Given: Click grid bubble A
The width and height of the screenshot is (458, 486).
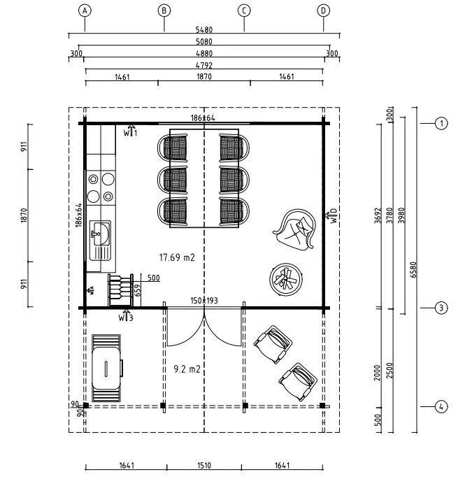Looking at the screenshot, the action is click(85, 11).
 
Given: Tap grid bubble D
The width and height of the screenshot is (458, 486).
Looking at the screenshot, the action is click(323, 11).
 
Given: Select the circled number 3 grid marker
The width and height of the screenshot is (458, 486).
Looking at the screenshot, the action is click(441, 308).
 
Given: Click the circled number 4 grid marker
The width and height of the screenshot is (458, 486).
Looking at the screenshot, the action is click(441, 406).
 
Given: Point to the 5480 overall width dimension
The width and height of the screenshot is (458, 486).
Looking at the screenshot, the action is click(204, 30).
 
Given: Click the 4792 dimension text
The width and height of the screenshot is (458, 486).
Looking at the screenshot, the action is click(204, 65).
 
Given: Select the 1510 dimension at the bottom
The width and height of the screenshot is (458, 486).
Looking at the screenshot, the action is click(204, 465).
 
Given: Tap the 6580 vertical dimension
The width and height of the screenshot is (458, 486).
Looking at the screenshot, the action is click(413, 269).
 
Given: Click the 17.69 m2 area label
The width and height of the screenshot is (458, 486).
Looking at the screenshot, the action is click(177, 257).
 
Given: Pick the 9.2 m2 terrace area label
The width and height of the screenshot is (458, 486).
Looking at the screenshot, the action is click(187, 369).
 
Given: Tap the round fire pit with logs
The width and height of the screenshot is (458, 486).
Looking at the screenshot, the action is click(286, 280).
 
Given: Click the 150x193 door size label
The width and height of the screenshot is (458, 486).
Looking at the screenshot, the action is click(204, 300).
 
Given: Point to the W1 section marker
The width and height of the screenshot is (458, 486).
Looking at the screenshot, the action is click(130, 131).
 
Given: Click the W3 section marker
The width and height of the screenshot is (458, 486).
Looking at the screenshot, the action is click(126, 316).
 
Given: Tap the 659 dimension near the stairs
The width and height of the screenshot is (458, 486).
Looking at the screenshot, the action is click(138, 290).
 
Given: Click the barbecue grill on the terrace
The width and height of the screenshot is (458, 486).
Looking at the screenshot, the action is click(106, 368).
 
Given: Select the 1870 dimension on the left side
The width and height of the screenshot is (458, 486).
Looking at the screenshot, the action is click(24, 215).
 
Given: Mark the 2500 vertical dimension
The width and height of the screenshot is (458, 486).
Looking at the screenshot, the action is click(389, 371).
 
